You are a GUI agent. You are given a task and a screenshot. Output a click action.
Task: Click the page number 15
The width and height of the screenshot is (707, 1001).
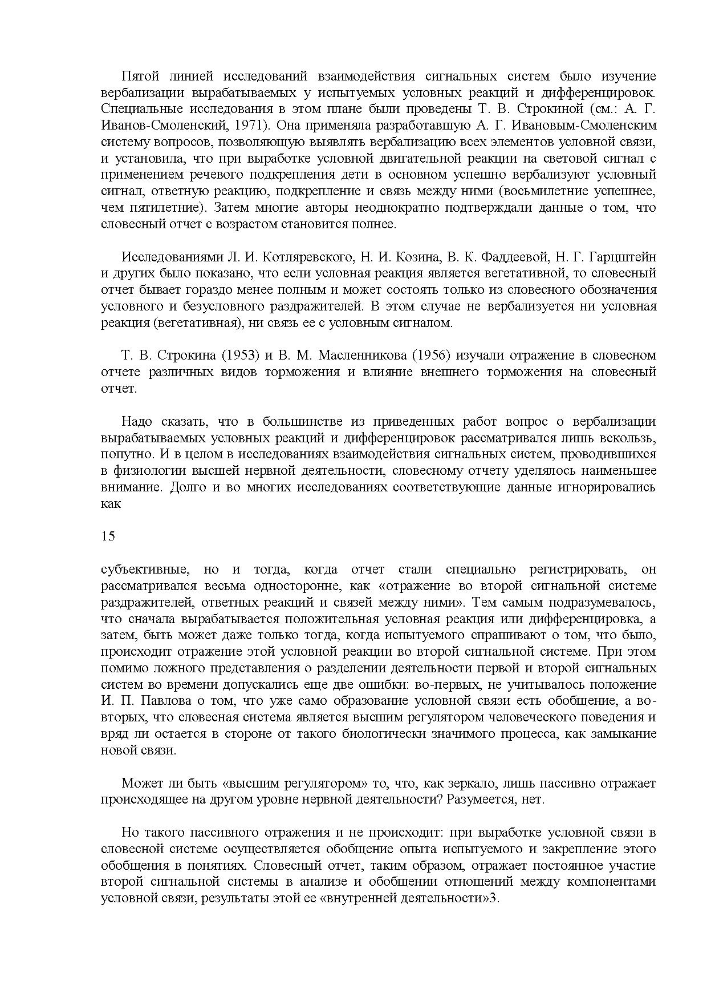pyautogui.click(x=108, y=536)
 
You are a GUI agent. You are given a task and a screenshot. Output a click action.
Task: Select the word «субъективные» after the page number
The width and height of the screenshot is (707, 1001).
pyautogui.click(x=145, y=570)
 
